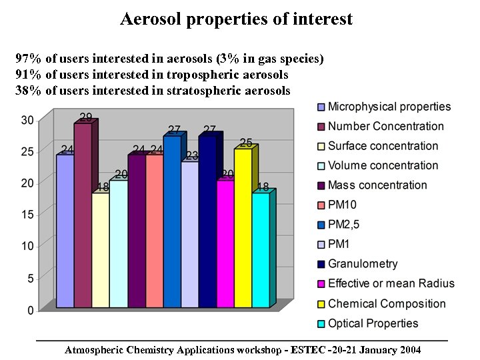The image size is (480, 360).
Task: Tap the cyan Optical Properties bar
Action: coord(261,250)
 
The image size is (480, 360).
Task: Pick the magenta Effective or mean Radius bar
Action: coord(225,244)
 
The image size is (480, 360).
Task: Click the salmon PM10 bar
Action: coord(154,231)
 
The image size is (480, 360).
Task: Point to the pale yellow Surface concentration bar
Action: coord(100,250)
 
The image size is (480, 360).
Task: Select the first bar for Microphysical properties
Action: coord(65,231)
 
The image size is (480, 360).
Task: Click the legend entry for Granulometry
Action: coord(363,264)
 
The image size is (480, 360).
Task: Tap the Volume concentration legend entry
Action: coord(383,165)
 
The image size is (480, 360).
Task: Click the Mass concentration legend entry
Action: coord(377,185)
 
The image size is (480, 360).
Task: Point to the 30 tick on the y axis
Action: coord(27,120)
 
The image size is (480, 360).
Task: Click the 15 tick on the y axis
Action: coord(27,214)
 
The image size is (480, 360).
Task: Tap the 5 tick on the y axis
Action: coord(31,277)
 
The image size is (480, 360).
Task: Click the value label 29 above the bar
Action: coord(86,117)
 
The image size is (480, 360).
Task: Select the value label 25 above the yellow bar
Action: coord(246,143)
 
